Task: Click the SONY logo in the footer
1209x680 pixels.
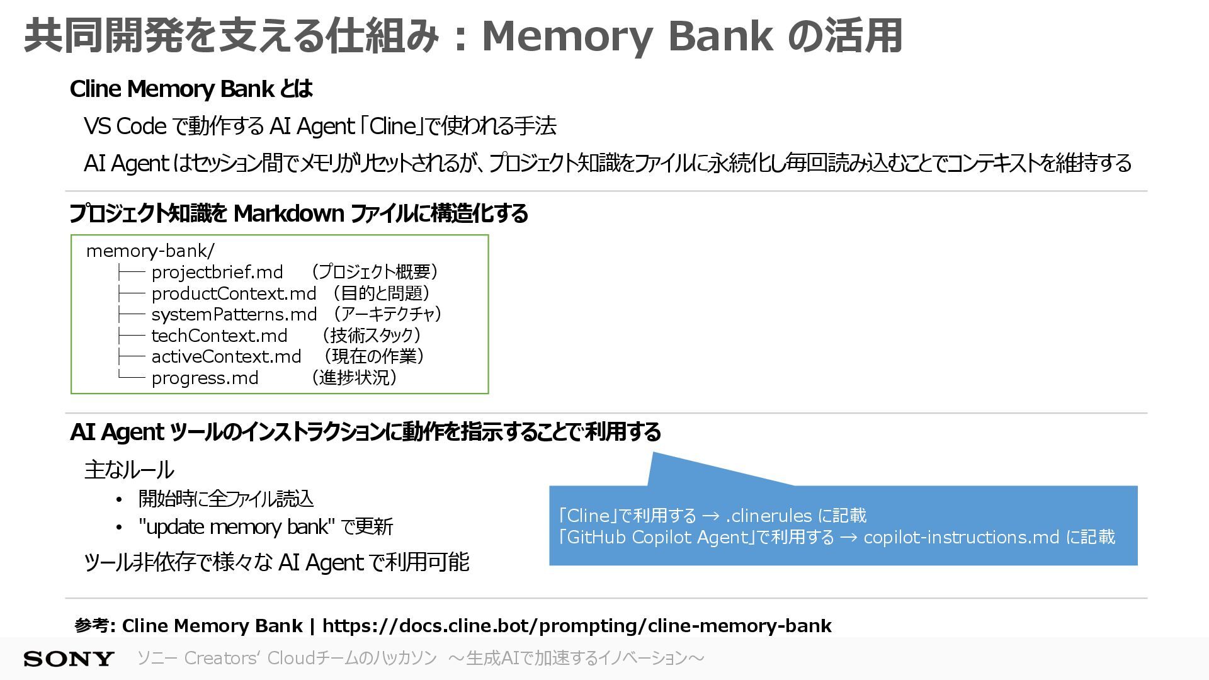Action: click(x=69, y=659)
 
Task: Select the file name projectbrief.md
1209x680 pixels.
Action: click(x=217, y=272)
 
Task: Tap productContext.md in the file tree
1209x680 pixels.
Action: click(x=234, y=293)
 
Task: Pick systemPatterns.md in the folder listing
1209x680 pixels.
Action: click(x=234, y=314)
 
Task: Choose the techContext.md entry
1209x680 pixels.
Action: click(x=219, y=336)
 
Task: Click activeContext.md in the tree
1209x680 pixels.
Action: click(x=226, y=356)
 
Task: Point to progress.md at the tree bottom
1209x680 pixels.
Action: click(x=205, y=378)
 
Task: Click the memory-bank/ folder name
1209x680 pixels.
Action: click(x=150, y=251)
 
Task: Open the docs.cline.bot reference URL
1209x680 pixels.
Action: click(x=577, y=626)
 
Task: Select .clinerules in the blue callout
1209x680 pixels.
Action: click(x=768, y=516)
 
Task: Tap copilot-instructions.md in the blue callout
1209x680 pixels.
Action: click(x=961, y=537)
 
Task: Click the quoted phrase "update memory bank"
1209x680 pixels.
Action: click(x=237, y=526)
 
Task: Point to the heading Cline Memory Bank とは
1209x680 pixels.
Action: click(x=191, y=89)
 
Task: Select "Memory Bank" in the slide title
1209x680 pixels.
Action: click(x=627, y=36)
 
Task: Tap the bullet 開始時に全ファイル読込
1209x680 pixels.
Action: click(x=225, y=499)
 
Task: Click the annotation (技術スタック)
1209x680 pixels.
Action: click(x=370, y=336)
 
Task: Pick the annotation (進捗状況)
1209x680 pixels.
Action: click(x=354, y=378)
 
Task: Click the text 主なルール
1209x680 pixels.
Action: click(x=129, y=470)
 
